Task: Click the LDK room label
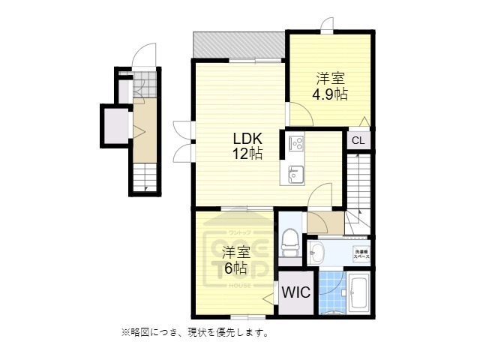click(247, 139)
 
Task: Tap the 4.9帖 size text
click(330, 94)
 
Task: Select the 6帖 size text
click(235, 268)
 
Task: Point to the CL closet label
click(358, 139)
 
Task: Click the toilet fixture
click(289, 241)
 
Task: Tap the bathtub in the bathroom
click(357, 295)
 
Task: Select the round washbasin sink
click(316, 250)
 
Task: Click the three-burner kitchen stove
click(294, 142)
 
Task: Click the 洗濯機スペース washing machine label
click(361, 253)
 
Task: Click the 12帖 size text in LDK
click(247, 154)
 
